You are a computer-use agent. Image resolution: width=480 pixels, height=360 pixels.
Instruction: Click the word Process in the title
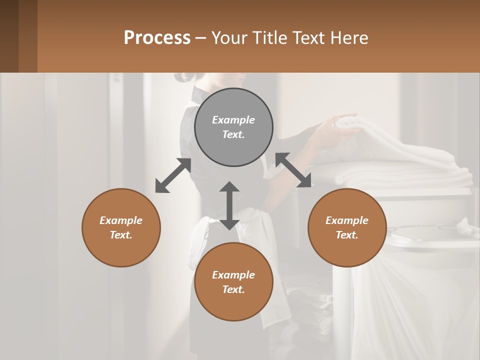[157, 38]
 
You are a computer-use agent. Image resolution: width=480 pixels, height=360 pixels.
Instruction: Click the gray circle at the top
[233, 127]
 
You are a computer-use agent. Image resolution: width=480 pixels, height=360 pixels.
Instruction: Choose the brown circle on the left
[121, 227]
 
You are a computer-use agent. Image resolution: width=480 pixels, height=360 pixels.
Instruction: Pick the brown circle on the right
[347, 227]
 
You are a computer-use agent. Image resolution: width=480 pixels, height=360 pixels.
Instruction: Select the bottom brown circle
[233, 282]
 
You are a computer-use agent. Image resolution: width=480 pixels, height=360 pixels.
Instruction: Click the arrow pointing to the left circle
[173, 175]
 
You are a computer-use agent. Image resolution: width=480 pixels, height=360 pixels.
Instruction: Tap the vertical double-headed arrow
[229, 205]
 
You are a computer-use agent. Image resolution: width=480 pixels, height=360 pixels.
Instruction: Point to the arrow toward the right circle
[293, 170]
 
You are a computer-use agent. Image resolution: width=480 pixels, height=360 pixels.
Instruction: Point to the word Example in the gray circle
[233, 120]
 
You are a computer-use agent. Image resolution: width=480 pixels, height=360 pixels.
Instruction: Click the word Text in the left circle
[120, 235]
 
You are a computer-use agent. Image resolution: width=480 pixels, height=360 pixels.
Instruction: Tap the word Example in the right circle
[347, 220]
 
